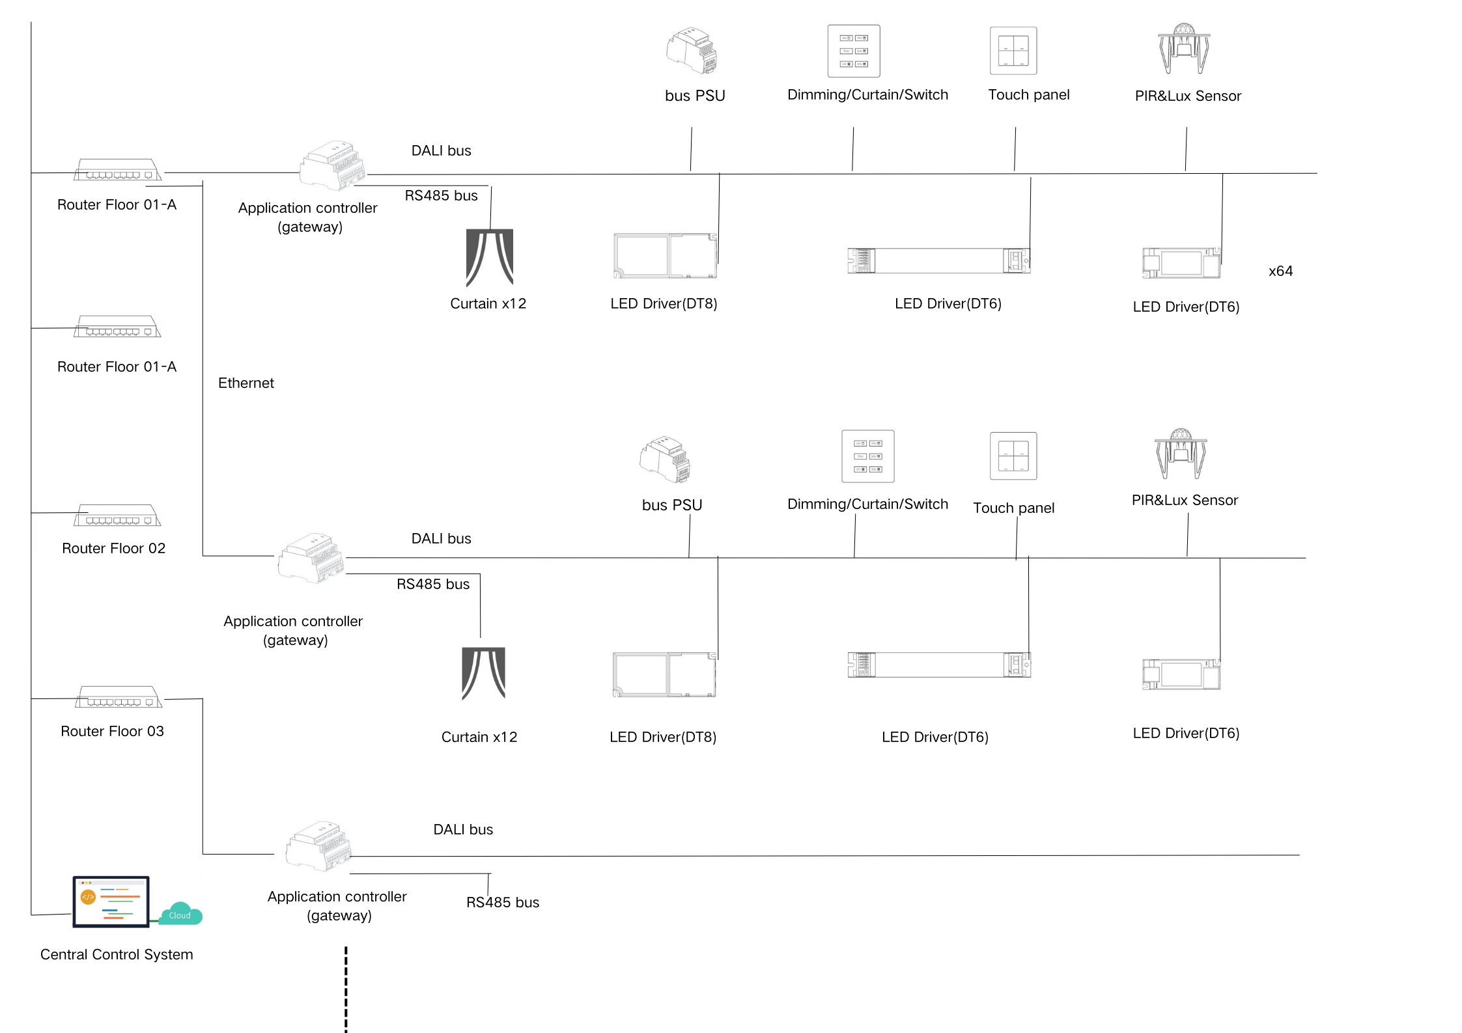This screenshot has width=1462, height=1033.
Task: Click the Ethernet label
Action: point(246,383)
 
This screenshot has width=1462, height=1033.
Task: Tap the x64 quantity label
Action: point(1280,271)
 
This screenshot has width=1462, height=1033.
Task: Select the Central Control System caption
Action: point(117,954)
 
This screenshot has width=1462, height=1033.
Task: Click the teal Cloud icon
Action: point(180,914)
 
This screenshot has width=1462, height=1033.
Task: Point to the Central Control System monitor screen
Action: point(111,901)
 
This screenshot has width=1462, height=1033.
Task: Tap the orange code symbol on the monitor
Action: point(88,897)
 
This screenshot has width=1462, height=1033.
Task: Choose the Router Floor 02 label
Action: point(113,548)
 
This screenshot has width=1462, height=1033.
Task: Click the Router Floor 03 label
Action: point(112,731)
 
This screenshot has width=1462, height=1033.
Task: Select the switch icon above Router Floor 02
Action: point(117,516)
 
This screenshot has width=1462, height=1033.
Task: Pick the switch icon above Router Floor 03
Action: point(118,697)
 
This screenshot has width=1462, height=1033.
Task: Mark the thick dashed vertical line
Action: point(346,989)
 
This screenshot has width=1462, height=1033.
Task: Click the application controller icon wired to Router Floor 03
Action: point(318,846)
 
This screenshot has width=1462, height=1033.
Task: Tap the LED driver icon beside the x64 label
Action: point(1181,262)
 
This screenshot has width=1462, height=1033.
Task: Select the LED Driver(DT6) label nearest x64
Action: point(1186,307)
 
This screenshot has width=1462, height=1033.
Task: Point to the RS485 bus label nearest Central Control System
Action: point(502,902)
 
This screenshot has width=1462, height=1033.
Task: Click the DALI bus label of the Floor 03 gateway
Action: point(463,829)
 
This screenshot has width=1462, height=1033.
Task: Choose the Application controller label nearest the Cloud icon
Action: point(337,905)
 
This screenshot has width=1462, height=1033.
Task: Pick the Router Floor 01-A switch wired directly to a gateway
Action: point(117,170)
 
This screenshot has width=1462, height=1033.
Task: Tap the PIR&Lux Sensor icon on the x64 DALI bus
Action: point(1183,49)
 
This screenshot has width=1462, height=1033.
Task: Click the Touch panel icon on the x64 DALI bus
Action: point(1013,51)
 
